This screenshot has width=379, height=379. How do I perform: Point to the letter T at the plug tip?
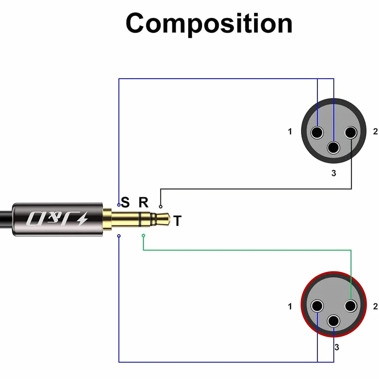177,221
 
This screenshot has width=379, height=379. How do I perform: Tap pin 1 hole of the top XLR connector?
317,132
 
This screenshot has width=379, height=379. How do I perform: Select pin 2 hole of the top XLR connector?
351,132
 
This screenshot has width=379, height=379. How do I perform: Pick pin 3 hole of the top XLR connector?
334,148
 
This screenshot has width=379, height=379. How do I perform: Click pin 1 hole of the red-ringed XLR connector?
317,306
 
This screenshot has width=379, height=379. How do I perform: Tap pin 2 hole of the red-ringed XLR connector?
351,306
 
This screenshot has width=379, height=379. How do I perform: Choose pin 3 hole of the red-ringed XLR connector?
334,321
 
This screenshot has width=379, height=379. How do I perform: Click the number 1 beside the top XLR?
290,131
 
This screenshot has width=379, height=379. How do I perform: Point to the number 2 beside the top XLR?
375,131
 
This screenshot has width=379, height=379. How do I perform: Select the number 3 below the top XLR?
334,173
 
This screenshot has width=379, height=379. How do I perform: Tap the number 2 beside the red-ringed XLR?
375,307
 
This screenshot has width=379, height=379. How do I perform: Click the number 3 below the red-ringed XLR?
337,347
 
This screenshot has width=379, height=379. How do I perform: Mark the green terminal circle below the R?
143,235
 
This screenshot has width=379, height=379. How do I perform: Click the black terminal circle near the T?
160,207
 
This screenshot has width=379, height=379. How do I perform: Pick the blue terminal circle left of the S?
119,205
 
